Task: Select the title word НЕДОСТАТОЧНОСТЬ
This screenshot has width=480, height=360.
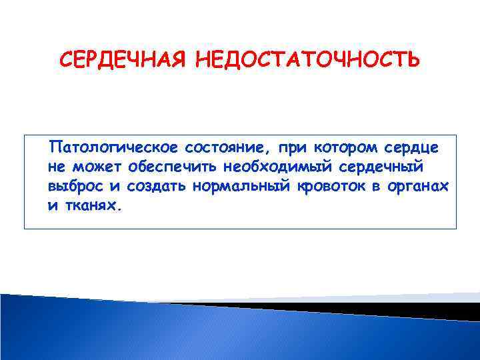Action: [307, 61]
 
